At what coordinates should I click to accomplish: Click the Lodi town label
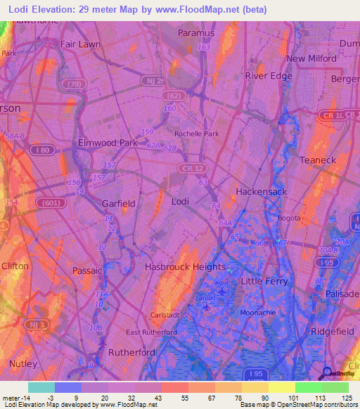pos(181,202)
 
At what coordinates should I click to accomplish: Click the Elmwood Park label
pos(108,143)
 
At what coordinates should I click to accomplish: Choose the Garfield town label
pos(118,204)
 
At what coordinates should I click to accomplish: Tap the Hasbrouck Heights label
pos(185,267)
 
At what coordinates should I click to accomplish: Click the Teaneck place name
pos(319,160)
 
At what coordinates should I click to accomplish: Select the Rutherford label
pos(131,353)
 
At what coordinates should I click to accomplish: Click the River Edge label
pos(268,76)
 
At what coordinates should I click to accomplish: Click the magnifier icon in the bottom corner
pos(327,375)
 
